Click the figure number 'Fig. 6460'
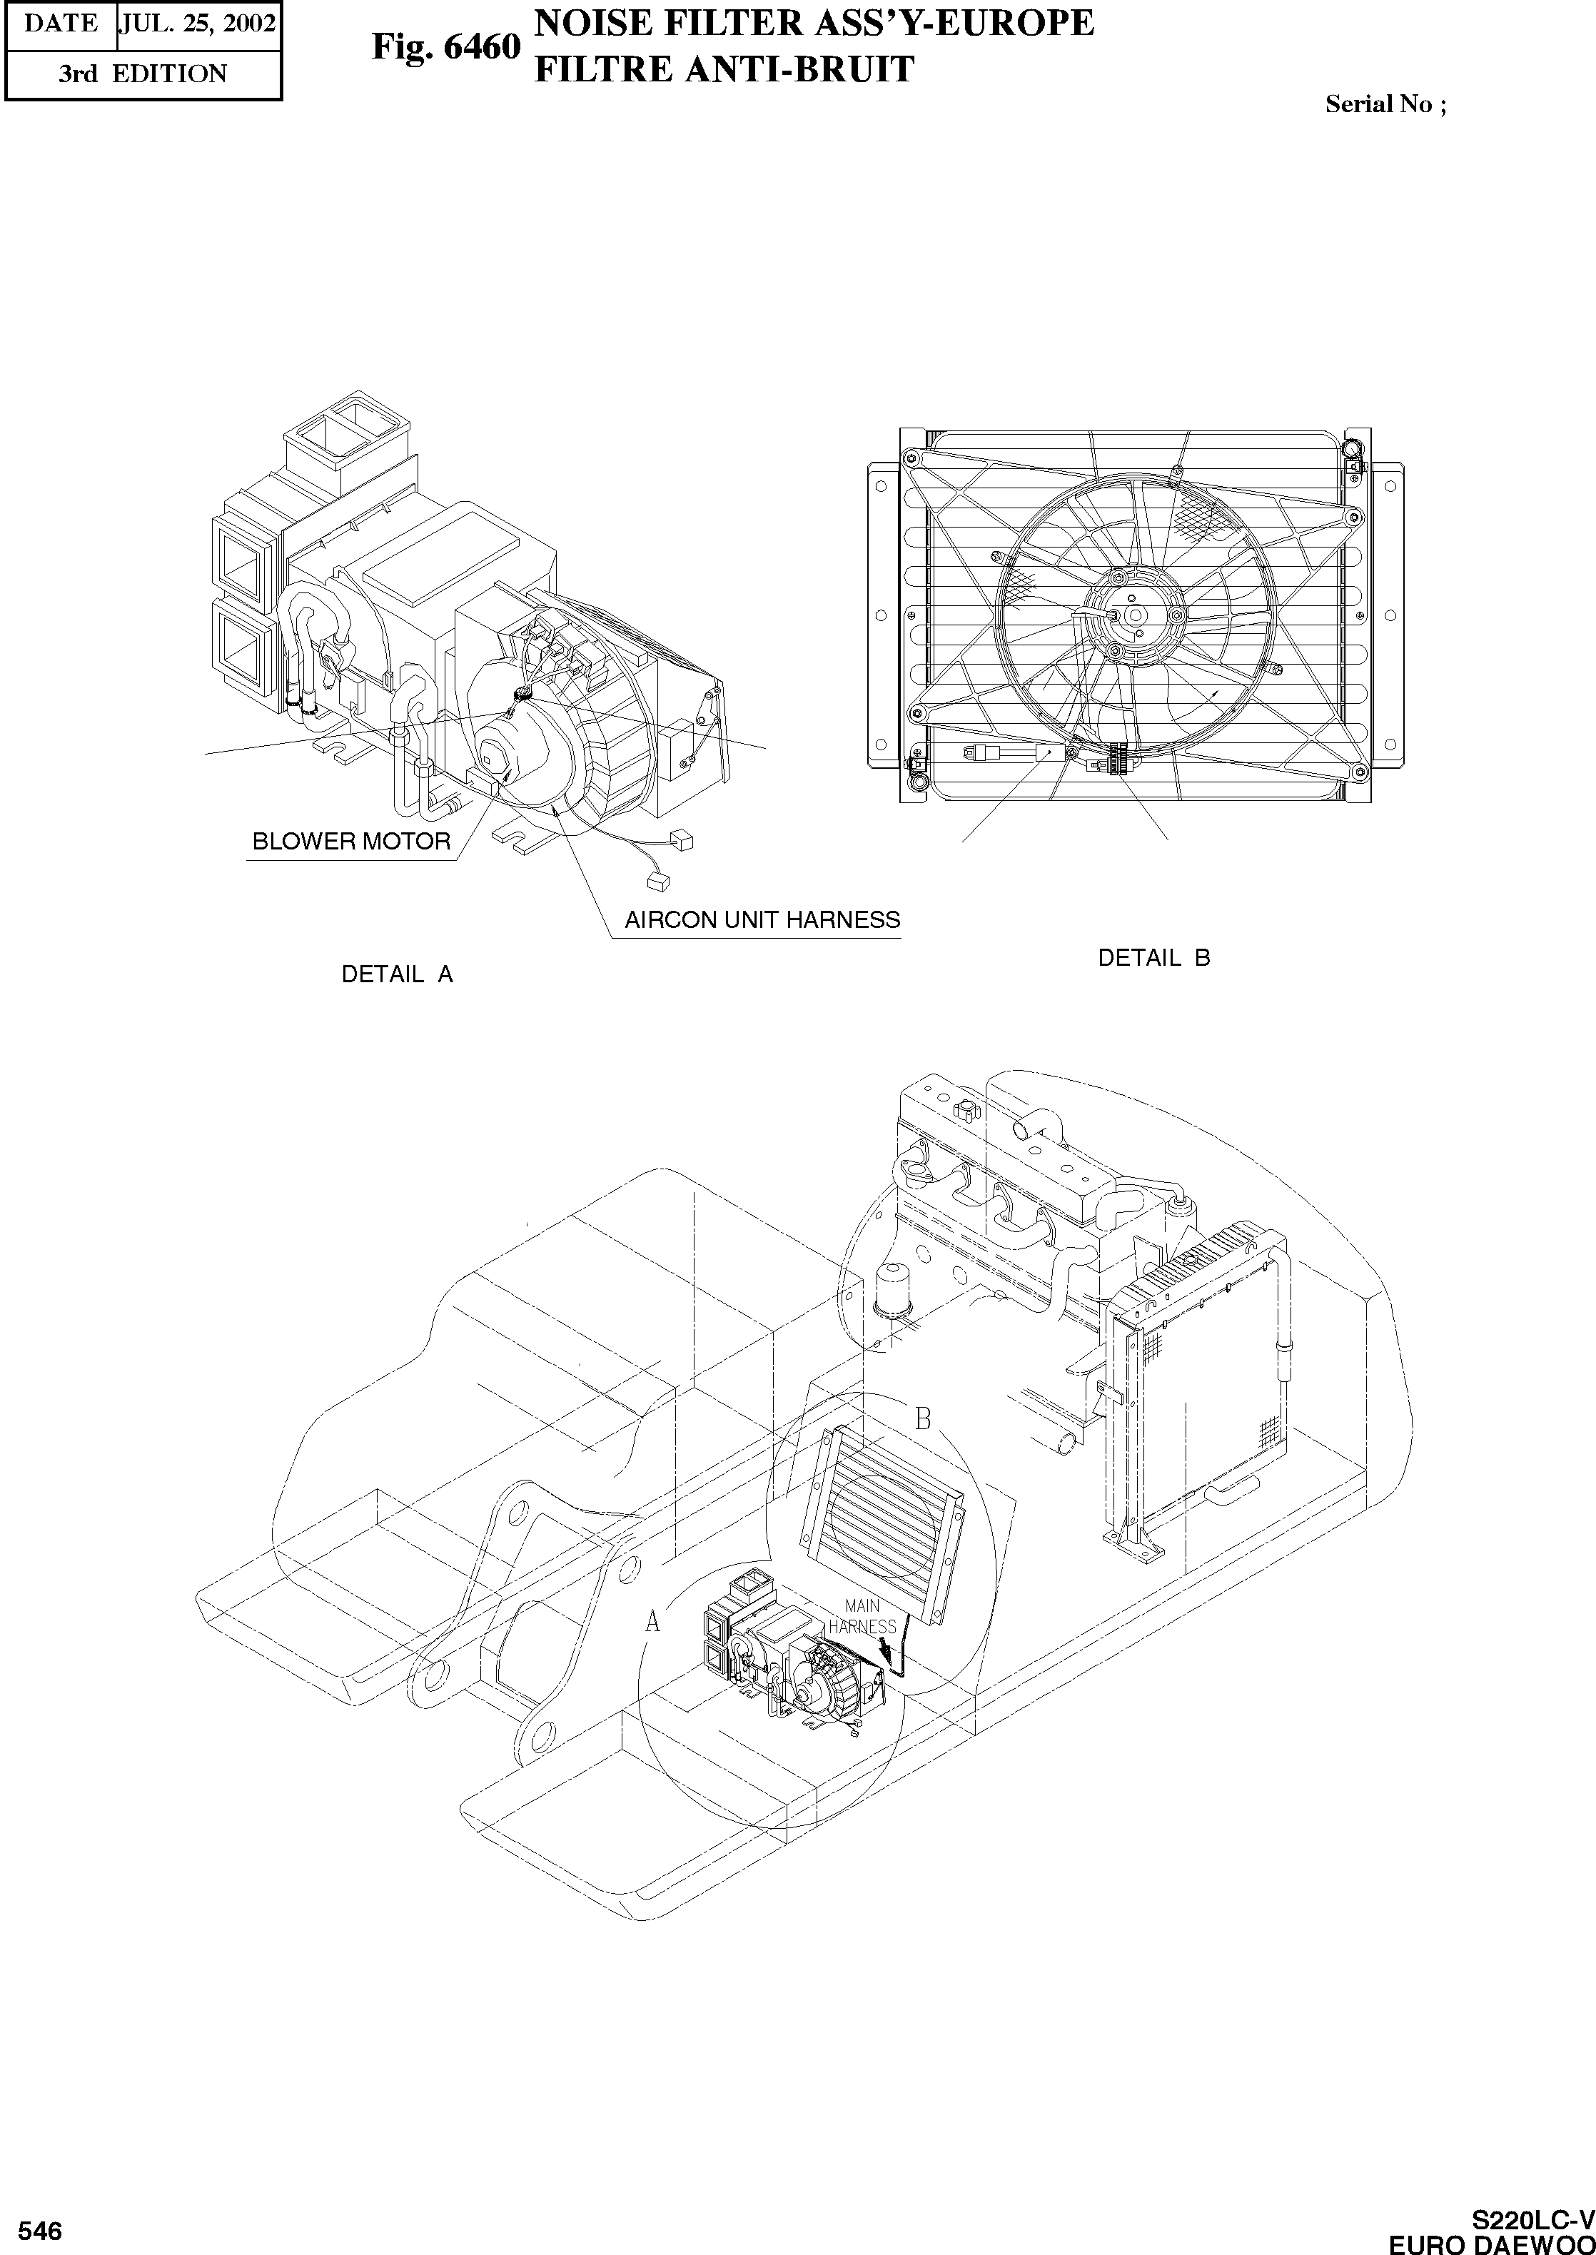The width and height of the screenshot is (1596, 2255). pyautogui.click(x=445, y=46)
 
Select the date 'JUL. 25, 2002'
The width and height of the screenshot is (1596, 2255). pyautogui.click(x=198, y=24)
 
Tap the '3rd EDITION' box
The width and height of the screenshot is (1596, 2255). pyautogui.click(x=143, y=74)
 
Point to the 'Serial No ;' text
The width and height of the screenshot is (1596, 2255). pyautogui.click(x=1385, y=104)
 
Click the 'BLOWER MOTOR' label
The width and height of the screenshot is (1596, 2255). pyautogui.click(x=351, y=842)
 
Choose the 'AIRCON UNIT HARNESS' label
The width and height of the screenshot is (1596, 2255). pyautogui.click(x=762, y=921)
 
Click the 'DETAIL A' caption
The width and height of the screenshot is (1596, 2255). pyautogui.click(x=397, y=974)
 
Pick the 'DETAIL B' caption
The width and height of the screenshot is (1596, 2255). pyautogui.click(x=1153, y=958)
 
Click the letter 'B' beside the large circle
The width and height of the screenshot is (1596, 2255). pyautogui.click(x=923, y=1419)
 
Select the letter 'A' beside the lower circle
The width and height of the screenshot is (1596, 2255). pyautogui.click(x=652, y=1623)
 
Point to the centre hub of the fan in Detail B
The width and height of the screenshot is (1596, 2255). pyautogui.click(x=1134, y=614)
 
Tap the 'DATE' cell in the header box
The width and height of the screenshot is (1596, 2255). pyautogui.click(x=60, y=24)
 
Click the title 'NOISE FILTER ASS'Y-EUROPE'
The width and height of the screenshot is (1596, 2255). pyautogui.click(x=813, y=23)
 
